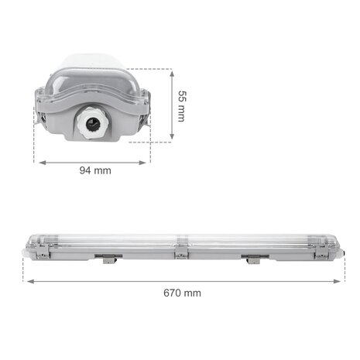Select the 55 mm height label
tap(181, 105)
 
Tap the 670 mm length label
tap(182, 293)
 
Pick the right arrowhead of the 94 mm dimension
tap(147, 163)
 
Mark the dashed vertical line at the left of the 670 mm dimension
tap(23, 267)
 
